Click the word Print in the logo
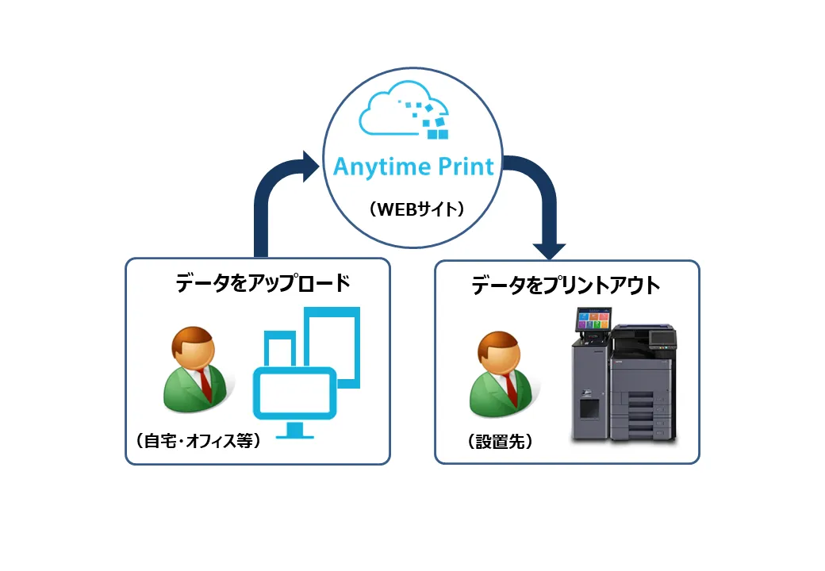point(466,167)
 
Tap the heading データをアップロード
point(263,283)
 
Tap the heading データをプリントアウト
point(566,285)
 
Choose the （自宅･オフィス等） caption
point(198,441)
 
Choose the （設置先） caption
point(500,441)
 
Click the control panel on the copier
point(662,339)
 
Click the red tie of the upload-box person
point(205,385)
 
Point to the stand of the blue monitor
point(294,431)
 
